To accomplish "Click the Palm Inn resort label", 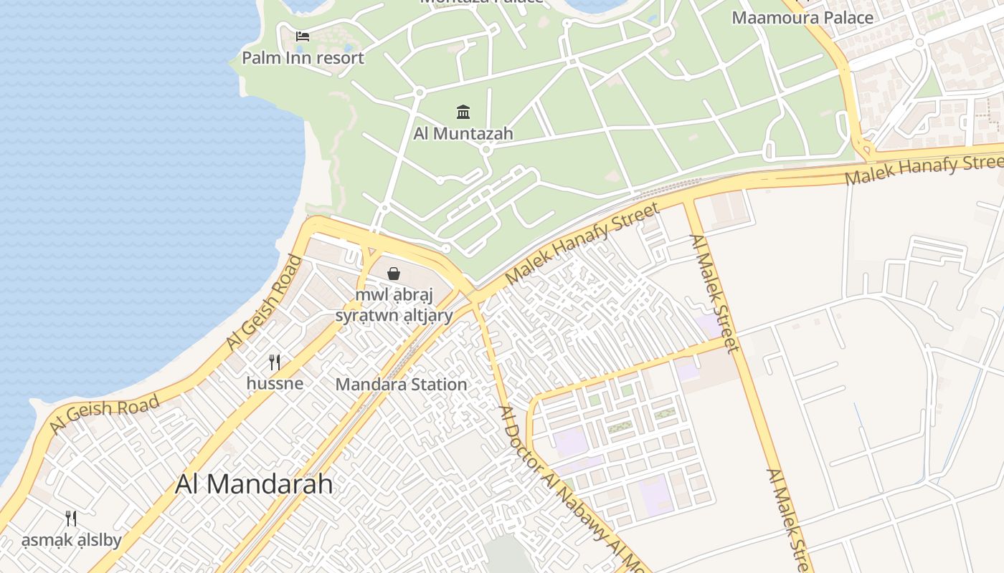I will point(303,57).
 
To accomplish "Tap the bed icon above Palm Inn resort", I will point(303,36).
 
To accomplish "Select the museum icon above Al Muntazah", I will point(463,112).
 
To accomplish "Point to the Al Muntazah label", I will point(463,133).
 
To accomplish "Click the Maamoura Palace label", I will point(802,17).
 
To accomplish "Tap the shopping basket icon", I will point(394,273).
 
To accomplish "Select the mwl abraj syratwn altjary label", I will point(394,305).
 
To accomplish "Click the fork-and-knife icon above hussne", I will point(274,362).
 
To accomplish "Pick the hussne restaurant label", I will point(275,383).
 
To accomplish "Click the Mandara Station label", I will point(401,384).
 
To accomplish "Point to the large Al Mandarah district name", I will point(254,484).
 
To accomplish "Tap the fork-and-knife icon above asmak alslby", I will point(71,519).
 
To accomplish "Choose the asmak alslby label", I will point(71,539).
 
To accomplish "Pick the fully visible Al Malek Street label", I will point(714,294).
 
